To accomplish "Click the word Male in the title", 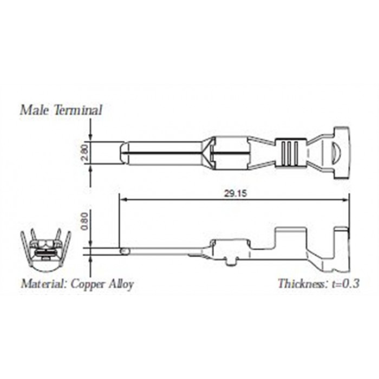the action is coord(35,110).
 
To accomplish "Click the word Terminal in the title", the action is coord(77,110).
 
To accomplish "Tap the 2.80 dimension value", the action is coord(85,153).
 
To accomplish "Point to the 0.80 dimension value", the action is coord(85,221).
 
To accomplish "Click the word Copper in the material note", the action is coord(88,284).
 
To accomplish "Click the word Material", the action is coord(43,283).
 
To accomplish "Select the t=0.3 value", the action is coord(345,283).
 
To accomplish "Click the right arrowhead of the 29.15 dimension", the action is coord(345,200).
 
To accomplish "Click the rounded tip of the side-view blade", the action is coord(125,252).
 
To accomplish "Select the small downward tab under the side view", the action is coord(230,262).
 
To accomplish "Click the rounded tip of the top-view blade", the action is coord(124,153).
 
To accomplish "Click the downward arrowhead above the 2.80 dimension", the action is coord(90,138).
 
